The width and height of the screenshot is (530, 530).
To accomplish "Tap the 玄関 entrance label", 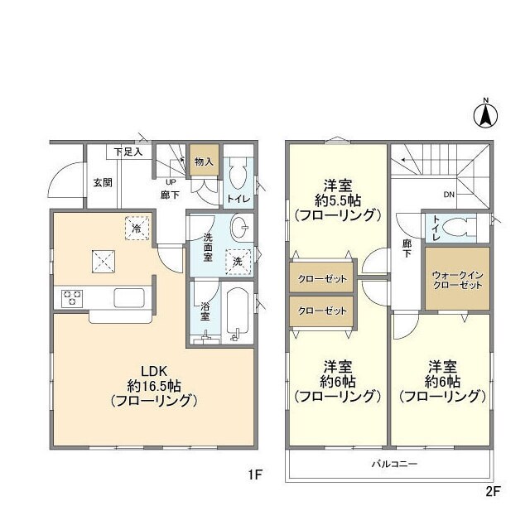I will coord(103,183).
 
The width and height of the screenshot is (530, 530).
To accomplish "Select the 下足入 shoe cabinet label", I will coord(128,152).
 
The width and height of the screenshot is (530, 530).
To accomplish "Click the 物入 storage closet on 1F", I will coord(204,162).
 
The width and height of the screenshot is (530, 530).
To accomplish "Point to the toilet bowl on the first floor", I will coord(238,176).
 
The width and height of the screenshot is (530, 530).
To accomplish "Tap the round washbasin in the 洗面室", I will coord(241,226).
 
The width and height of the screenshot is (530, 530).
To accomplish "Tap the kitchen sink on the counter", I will coord(130,298).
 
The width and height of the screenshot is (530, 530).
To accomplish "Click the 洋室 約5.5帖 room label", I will coord(338,200).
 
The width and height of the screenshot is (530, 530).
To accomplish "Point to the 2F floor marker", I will coord(493,490).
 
